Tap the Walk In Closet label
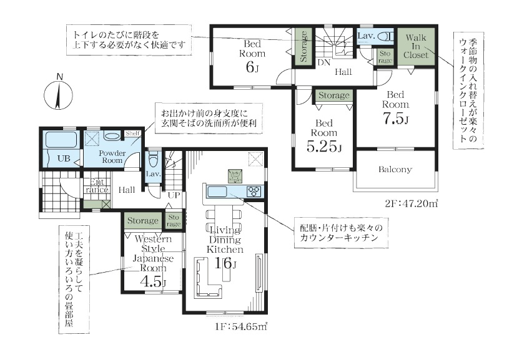click(416, 46)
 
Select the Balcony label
click(395, 169)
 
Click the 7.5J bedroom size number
click(395, 118)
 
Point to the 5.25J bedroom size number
click(324, 146)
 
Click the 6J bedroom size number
click(252, 67)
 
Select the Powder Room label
click(112, 157)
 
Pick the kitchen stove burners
click(254, 191)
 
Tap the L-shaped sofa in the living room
click(207, 278)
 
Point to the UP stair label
click(174, 195)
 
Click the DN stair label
click(324, 62)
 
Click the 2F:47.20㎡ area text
click(411, 204)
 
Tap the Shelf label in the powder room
click(133, 134)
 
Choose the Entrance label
click(96, 186)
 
